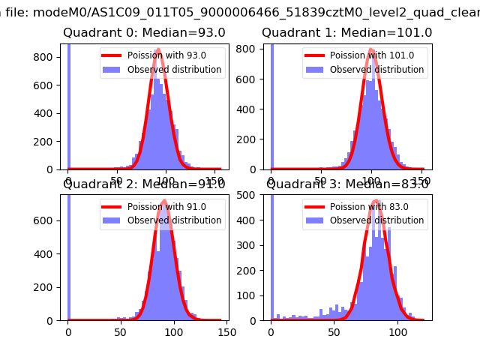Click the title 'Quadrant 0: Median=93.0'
[144, 33]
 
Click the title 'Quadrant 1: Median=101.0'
[346, 33]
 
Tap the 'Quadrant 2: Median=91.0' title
[144, 184]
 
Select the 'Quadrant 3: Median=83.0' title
[347, 184]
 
